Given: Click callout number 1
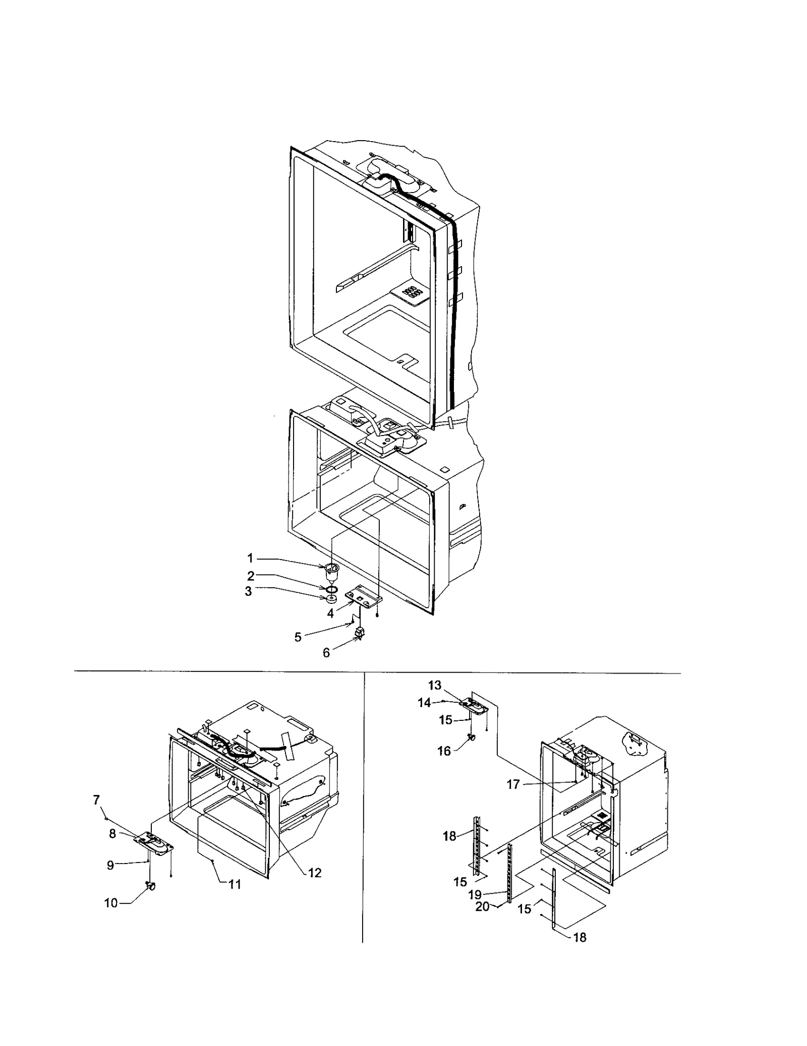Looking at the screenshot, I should (x=250, y=558).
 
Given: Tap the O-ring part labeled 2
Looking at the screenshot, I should (x=331, y=589).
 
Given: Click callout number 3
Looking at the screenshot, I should (x=248, y=591).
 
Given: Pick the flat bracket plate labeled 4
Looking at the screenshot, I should (x=363, y=596).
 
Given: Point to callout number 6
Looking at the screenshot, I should (x=326, y=653).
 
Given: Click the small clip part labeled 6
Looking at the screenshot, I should (x=361, y=633).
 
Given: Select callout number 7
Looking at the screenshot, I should (x=96, y=799).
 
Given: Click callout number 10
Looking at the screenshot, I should (x=110, y=903).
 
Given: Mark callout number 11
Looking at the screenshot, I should (x=235, y=884).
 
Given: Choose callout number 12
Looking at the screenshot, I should (x=315, y=873).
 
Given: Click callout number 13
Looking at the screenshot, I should (x=435, y=685).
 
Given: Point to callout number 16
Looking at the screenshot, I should (x=444, y=751).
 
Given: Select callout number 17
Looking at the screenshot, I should (x=513, y=785).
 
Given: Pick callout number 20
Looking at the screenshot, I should (x=483, y=906).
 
